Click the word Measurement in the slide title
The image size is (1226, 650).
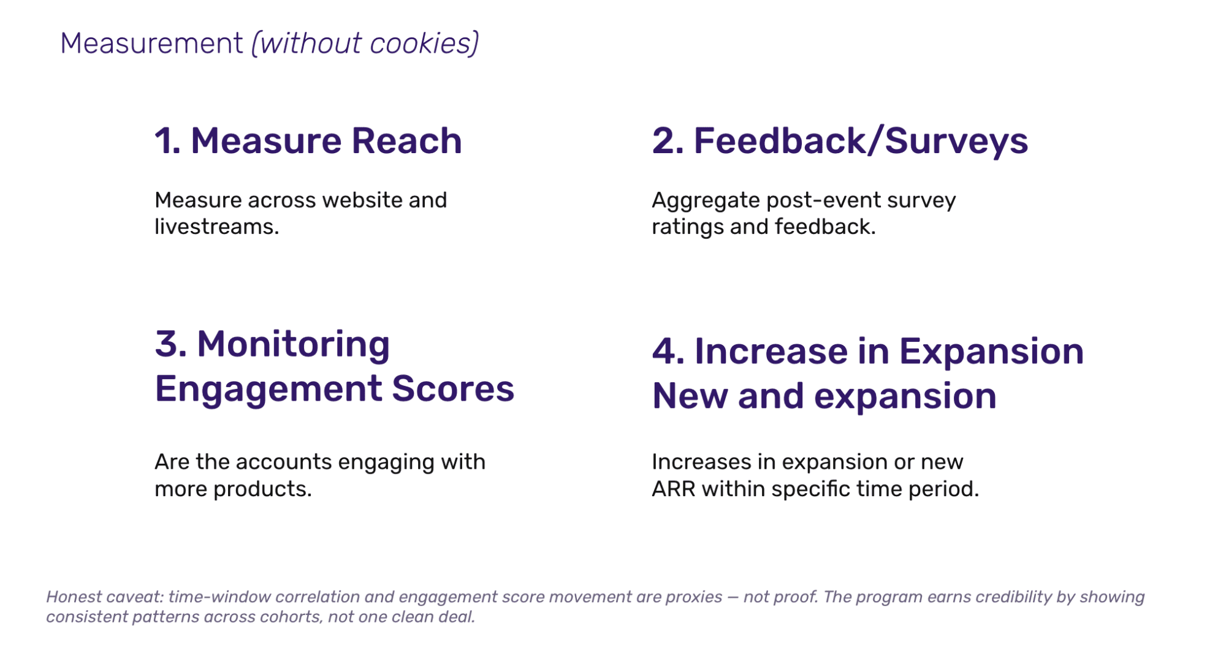pyautogui.click(x=151, y=43)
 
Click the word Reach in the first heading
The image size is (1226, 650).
pyautogui.click(x=406, y=141)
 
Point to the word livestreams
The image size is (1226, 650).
pyautogui.click(x=216, y=227)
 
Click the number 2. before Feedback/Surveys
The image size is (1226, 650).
pyautogui.click(x=668, y=141)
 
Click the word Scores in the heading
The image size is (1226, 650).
pyautogui.click(x=453, y=389)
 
